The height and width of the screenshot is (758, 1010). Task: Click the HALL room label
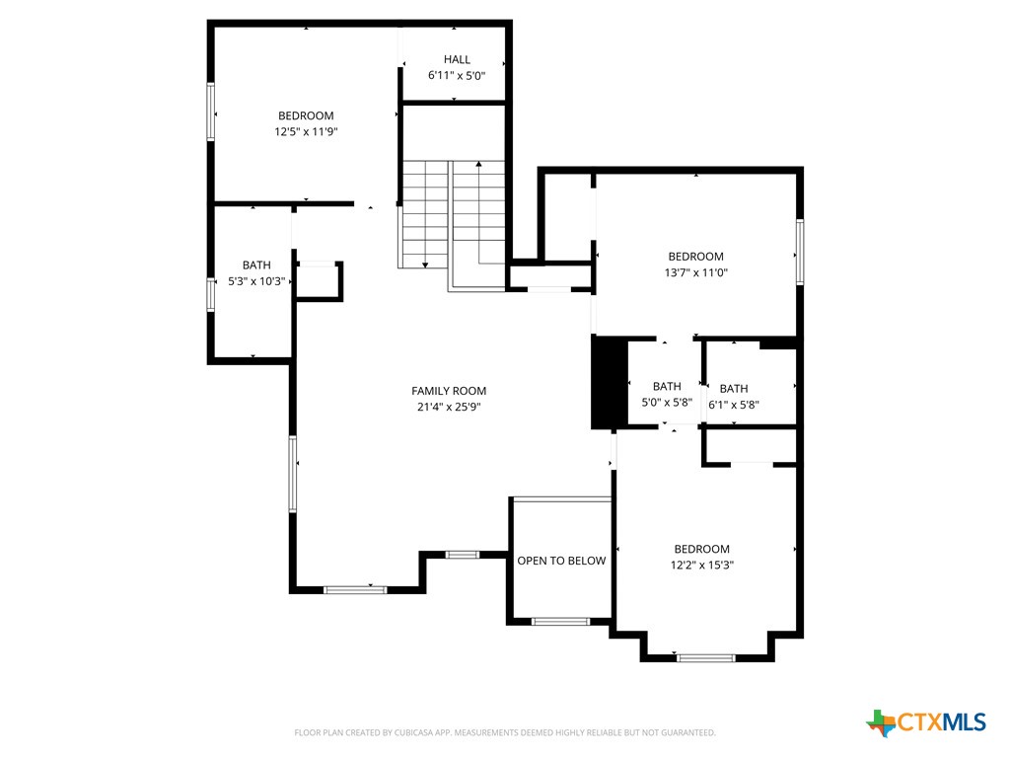click(x=457, y=59)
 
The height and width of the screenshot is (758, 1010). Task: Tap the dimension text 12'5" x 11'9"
click(x=306, y=131)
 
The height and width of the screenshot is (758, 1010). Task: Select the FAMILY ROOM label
click(x=449, y=391)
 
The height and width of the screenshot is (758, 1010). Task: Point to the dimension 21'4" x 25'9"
click(x=449, y=407)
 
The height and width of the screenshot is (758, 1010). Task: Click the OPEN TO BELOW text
click(x=561, y=561)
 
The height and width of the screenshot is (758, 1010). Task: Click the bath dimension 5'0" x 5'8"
click(x=667, y=403)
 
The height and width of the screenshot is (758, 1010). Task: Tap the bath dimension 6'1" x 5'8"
click(x=733, y=404)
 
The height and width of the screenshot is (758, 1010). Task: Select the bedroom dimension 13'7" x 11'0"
click(x=695, y=272)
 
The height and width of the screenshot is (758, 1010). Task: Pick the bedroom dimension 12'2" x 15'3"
click(x=701, y=566)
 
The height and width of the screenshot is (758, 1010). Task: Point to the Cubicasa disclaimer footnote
click(x=505, y=732)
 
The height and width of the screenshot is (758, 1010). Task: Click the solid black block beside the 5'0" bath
click(x=609, y=383)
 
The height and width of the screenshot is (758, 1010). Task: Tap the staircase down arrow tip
click(x=424, y=265)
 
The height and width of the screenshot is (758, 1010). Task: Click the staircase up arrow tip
click(x=478, y=163)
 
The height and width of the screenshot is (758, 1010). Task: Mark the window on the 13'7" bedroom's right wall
click(x=800, y=252)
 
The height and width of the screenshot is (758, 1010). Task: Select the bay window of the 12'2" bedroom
click(x=706, y=657)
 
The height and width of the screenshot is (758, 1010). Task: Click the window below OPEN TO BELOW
click(x=560, y=622)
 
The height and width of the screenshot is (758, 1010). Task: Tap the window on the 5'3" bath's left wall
click(x=210, y=294)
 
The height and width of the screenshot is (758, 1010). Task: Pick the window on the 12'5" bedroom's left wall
click(x=210, y=111)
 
